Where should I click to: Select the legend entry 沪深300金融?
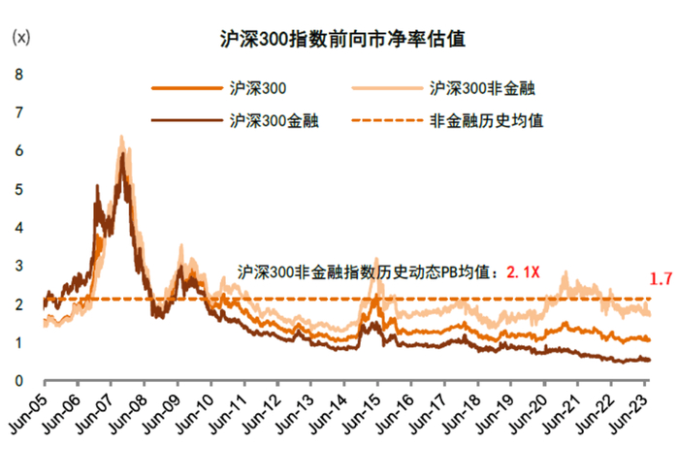tap(275, 122)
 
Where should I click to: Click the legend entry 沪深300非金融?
tap(481, 88)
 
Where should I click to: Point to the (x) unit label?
tap(20, 40)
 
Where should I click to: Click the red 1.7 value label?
tap(661, 279)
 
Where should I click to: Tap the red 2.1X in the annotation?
tap(525, 273)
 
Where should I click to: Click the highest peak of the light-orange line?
tap(120, 137)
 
